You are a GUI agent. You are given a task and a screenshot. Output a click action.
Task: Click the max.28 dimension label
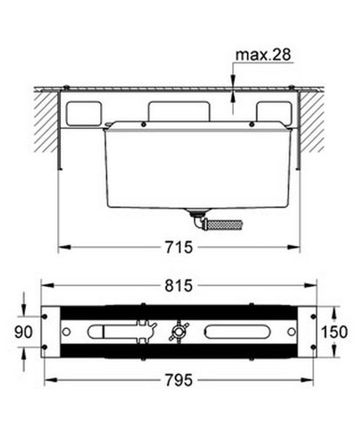(263, 55)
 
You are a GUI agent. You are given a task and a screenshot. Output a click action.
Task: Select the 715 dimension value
(179, 247)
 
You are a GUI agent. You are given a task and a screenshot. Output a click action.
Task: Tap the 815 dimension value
(179, 285)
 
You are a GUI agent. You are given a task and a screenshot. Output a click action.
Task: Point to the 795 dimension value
(179, 380)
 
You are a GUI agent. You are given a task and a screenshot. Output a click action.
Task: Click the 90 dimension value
(23, 332)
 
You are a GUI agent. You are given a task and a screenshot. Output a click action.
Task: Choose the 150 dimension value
(334, 332)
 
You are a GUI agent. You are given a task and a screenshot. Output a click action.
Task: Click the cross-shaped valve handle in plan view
(178, 331)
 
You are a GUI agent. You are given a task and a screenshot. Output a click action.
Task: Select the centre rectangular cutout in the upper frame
(179, 111)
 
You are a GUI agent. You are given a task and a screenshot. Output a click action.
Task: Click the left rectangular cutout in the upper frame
(84, 113)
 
